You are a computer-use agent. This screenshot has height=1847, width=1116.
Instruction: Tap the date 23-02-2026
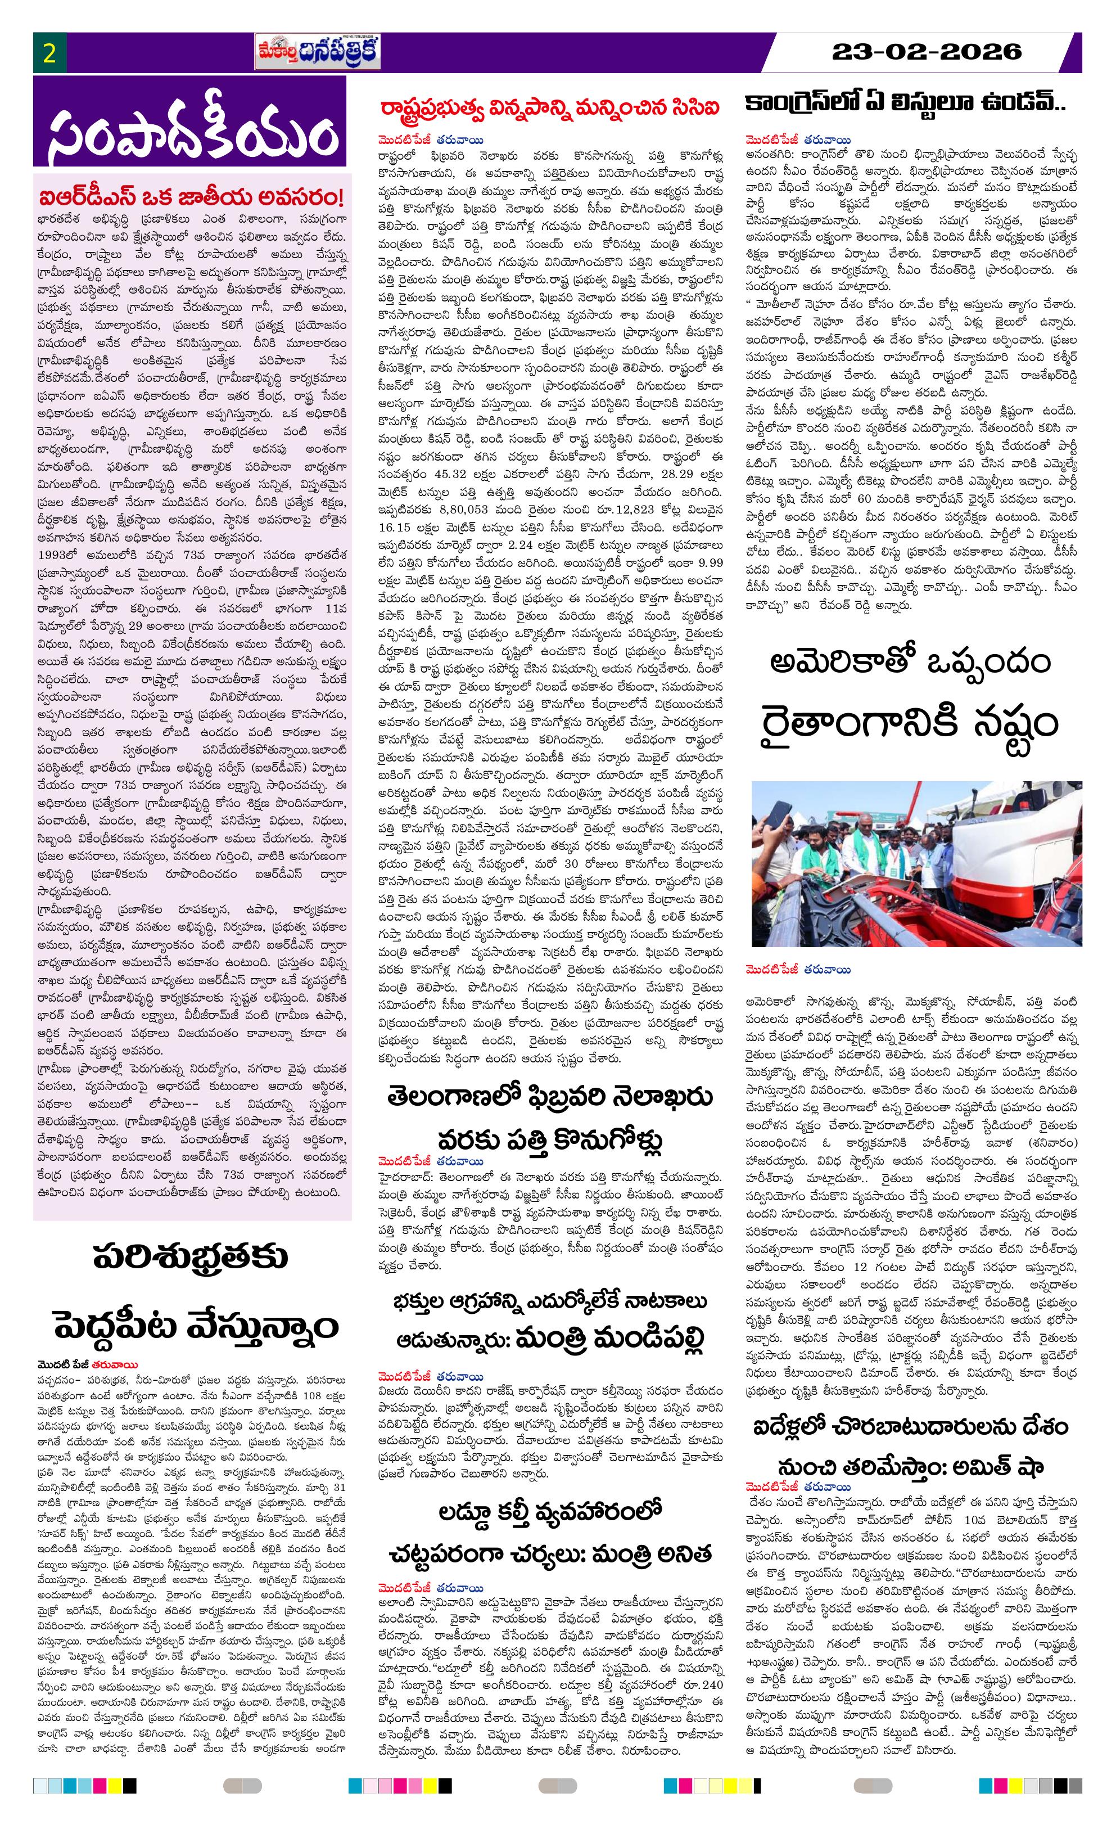pyautogui.click(x=927, y=52)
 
